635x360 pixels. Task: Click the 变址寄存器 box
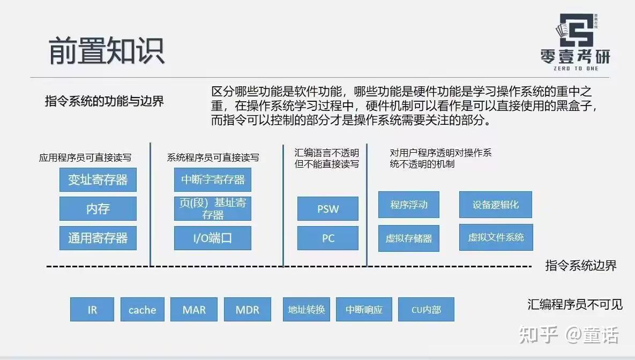(98, 179)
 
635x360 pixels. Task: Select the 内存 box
(98, 208)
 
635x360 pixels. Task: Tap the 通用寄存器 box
(98, 237)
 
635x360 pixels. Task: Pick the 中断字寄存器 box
(212, 179)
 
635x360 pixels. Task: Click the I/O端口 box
(212, 238)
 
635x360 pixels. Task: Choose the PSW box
(327, 208)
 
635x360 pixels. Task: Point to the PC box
(327, 238)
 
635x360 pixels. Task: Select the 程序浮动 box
(408, 205)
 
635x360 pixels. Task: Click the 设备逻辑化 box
(496, 205)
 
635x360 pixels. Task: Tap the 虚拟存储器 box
(408, 238)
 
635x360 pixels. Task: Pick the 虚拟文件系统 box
(496, 237)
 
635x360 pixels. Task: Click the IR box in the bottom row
(92, 309)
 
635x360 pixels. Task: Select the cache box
(142, 309)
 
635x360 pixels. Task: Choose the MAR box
(194, 309)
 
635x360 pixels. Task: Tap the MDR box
(247, 309)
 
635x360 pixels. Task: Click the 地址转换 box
(307, 309)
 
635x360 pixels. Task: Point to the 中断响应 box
(364, 309)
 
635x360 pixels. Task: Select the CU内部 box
(426, 309)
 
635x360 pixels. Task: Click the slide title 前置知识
(107, 50)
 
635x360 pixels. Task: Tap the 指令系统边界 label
(581, 265)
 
